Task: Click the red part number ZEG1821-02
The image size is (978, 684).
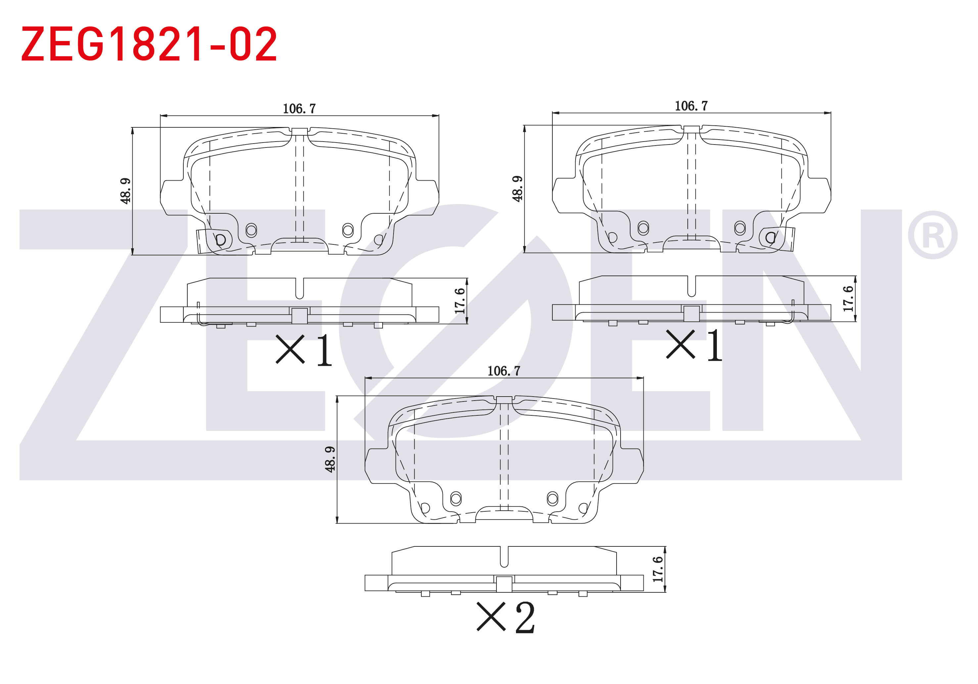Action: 149,44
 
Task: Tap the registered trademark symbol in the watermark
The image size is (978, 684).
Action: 932,235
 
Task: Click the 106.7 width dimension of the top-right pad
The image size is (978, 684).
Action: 691,106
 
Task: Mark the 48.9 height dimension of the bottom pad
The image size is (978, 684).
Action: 330,459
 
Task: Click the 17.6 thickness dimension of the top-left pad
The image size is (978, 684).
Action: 460,301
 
